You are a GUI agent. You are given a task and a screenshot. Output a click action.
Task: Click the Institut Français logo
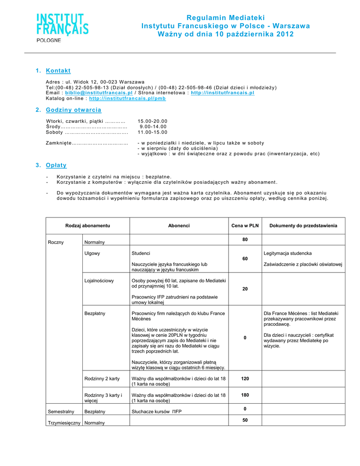tap(62, 27)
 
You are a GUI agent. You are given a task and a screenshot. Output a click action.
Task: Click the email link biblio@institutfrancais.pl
tap(99, 93)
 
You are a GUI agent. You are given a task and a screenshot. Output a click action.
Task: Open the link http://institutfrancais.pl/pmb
tap(127, 98)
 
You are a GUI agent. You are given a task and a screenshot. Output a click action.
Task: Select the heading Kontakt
tap(58, 71)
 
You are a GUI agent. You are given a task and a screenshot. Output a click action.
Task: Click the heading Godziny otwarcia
tap(74, 110)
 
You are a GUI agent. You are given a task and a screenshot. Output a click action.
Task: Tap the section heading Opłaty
tap(56, 165)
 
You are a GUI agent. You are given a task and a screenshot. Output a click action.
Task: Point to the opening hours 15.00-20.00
tap(152, 121)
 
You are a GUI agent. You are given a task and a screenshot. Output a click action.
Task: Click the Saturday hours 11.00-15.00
tap(152, 132)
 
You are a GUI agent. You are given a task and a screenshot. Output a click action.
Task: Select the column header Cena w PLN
tap(245, 226)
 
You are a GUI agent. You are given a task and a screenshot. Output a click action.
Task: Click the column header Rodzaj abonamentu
tap(88, 226)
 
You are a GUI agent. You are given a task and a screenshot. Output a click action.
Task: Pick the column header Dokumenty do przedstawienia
tap(303, 226)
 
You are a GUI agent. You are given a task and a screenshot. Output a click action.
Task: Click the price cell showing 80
tap(245, 239)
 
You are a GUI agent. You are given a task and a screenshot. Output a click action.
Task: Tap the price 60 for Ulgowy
tap(245, 258)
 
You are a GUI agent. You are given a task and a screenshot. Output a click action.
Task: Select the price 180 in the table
tap(245, 395)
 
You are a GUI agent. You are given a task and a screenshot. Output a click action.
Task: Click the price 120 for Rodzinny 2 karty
tap(245, 379)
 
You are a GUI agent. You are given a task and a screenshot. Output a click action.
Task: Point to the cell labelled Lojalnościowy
tap(99, 281)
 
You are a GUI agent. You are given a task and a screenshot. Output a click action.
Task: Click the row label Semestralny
tap(61, 412)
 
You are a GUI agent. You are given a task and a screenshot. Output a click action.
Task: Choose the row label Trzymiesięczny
tap(64, 423)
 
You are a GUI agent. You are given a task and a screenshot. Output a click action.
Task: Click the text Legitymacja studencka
tap(288, 253)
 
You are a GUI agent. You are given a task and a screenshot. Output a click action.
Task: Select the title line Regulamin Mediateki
tap(225, 18)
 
